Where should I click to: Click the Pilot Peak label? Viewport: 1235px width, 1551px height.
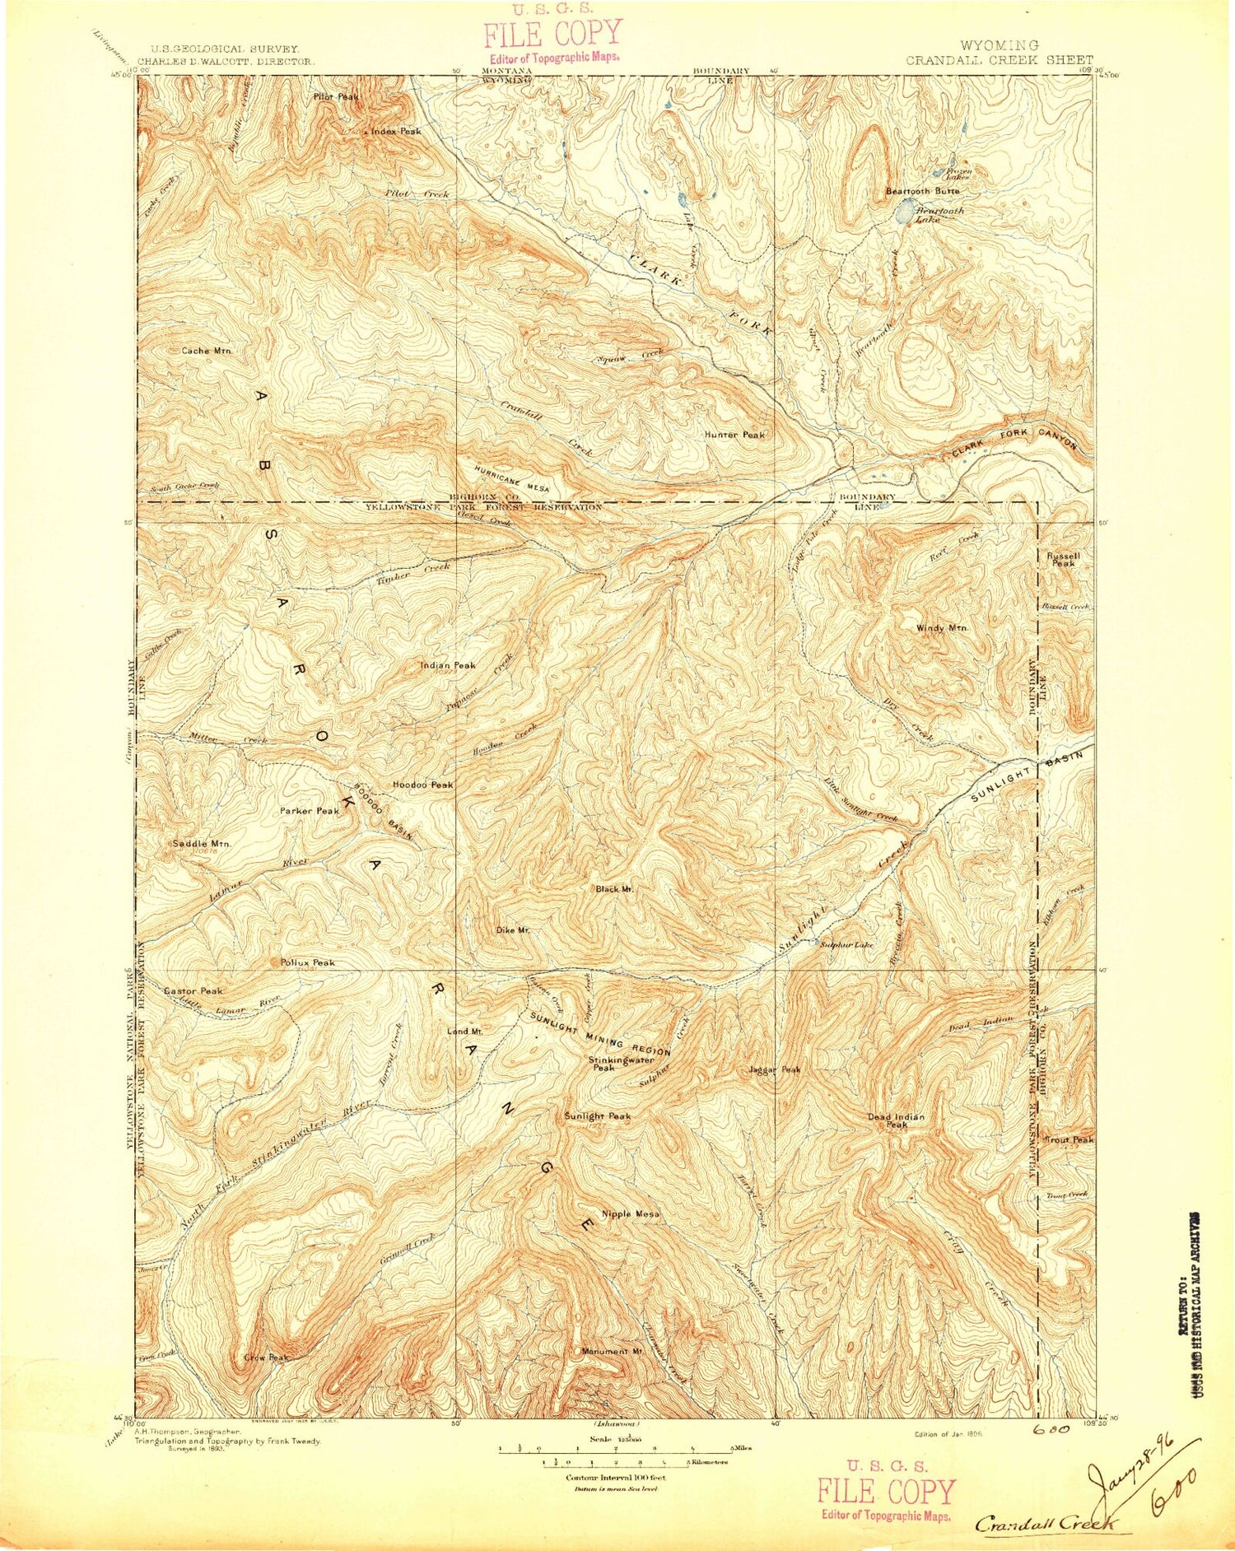(336, 97)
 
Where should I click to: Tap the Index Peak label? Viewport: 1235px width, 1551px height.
(395, 132)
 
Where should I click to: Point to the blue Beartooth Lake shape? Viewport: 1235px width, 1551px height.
(904, 212)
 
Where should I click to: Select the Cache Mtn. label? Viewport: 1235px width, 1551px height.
(207, 351)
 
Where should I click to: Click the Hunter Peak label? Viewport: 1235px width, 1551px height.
(734, 435)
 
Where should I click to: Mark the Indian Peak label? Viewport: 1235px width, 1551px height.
(448, 665)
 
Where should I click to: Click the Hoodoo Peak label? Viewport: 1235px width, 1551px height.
(423, 785)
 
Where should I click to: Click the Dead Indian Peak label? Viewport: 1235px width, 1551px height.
(896, 1120)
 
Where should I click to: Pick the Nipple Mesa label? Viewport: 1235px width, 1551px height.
(630, 1213)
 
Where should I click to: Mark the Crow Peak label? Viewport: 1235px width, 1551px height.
(265, 1358)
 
